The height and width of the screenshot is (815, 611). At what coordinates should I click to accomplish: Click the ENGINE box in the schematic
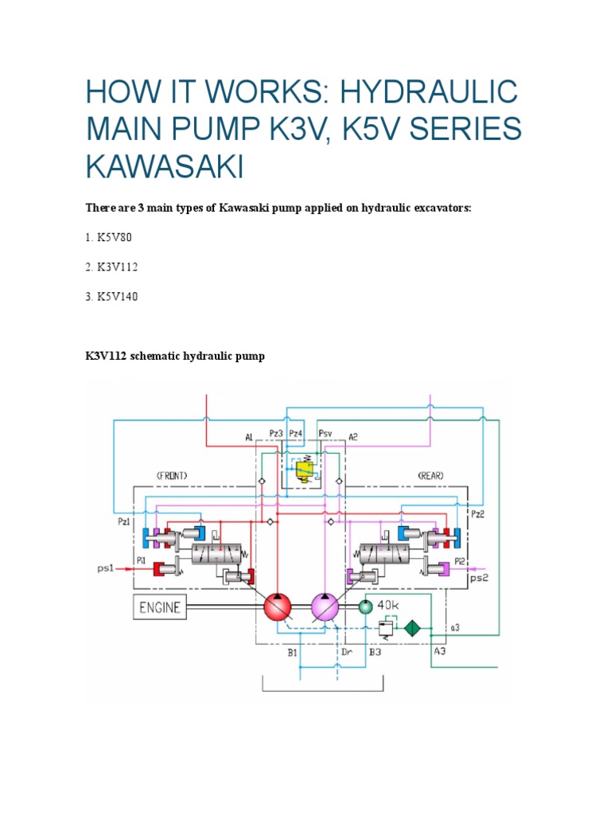pyautogui.click(x=161, y=608)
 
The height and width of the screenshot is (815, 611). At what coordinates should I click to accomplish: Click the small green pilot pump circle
pyautogui.click(x=364, y=607)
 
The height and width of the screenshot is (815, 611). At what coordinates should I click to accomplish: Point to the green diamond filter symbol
pyautogui.click(x=412, y=627)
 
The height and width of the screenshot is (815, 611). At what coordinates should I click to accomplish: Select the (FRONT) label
pyautogui.click(x=173, y=475)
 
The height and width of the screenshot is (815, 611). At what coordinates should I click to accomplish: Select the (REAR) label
pyautogui.click(x=430, y=475)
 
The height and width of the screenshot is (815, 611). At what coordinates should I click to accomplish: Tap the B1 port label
pyautogui.click(x=292, y=652)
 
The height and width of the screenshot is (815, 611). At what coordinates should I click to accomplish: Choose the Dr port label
pyautogui.click(x=346, y=652)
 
